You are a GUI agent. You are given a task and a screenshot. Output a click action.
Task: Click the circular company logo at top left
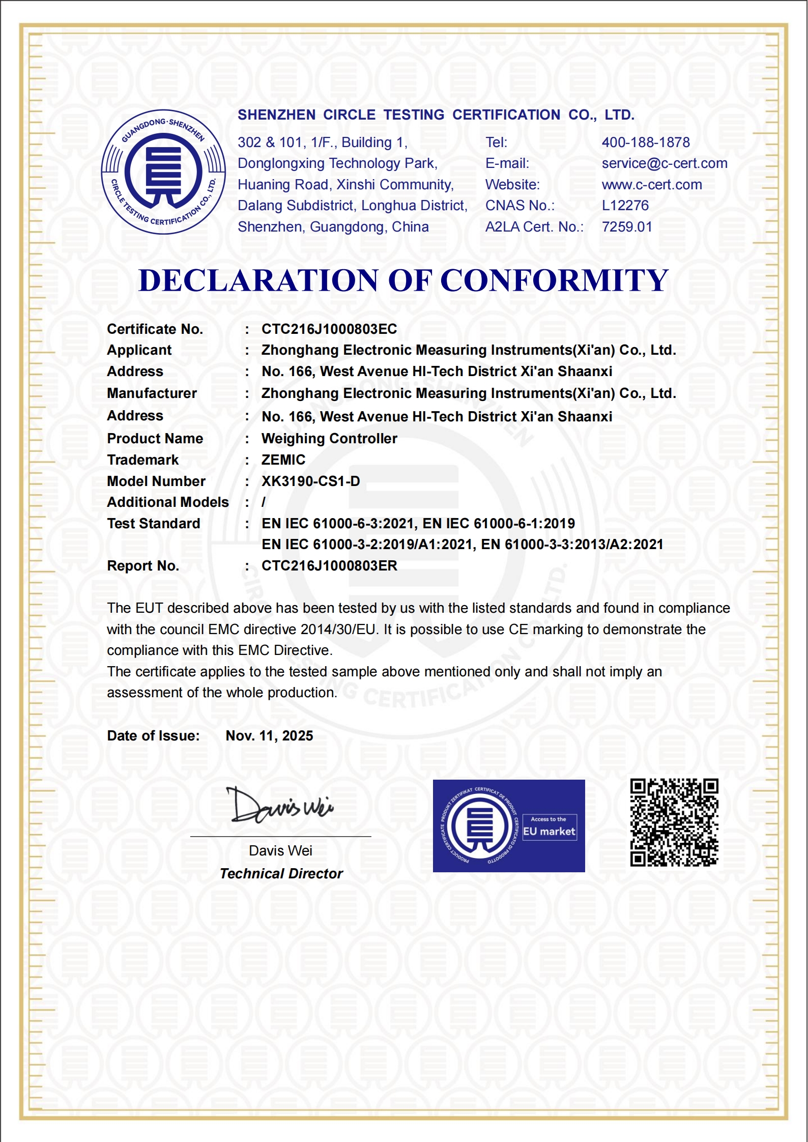[x=163, y=172]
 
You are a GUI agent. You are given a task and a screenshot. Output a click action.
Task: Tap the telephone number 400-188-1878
[x=645, y=142]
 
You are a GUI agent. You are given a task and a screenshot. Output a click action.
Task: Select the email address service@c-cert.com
[x=664, y=163]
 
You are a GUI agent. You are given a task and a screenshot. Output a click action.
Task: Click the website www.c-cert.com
[x=651, y=185]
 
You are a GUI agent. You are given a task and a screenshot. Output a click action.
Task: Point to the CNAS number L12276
[x=625, y=206]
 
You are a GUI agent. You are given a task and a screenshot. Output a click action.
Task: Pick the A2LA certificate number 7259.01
[x=626, y=227]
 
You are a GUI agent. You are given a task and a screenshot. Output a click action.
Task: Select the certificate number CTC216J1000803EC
[x=329, y=329]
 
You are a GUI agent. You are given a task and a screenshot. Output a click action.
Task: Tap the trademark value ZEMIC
[x=283, y=460]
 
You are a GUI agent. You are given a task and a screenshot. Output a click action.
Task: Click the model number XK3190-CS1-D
[x=310, y=481]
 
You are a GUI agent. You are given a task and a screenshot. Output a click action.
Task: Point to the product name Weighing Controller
[x=329, y=439]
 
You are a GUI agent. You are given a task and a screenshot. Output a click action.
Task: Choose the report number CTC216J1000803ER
[x=329, y=566]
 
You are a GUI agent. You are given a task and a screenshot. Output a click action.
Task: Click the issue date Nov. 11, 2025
[x=269, y=736]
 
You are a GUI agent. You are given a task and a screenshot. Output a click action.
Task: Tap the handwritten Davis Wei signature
[x=279, y=806]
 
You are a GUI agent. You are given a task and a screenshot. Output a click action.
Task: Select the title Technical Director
[x=281, y=874]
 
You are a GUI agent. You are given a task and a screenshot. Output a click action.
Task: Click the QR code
[x=674, y=822]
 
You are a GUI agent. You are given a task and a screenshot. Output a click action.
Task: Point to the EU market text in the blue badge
[x=549, y=832]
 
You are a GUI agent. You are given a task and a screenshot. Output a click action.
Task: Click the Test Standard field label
[x=153, y=524]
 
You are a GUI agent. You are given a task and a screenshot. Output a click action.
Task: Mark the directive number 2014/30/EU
[x=338, y=630]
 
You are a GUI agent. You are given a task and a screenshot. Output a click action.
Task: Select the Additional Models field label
[x=167, y=502]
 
